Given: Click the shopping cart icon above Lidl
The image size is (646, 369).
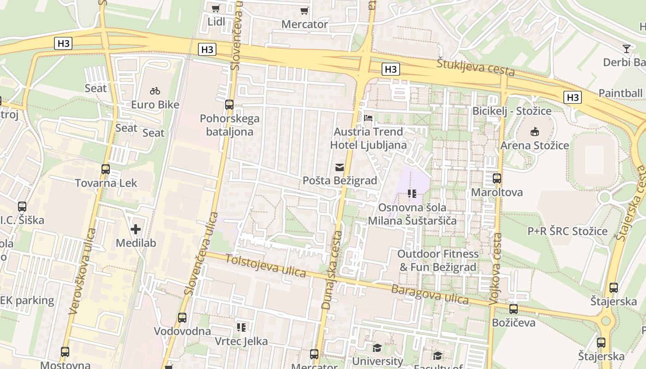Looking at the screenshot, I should pos(215,8).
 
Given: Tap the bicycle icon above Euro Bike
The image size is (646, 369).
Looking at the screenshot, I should pos(155,91).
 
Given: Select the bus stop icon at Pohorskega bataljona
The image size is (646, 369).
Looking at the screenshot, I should pos(229,105).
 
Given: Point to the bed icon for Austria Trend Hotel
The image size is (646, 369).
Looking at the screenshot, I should pos(368,118).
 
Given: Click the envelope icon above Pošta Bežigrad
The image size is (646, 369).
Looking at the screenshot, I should pos(340,167).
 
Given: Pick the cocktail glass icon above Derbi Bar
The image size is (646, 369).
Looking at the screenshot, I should pos(627,48).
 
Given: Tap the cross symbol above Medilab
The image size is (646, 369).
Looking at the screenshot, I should pos(136,229).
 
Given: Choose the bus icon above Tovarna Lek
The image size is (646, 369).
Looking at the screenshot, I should pos(106,169).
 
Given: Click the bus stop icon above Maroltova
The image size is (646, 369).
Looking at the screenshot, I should pos(497,179).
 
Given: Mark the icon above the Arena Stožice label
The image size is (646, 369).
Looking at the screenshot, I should pos(535,132).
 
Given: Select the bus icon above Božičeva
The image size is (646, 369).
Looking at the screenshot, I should pos(514,309).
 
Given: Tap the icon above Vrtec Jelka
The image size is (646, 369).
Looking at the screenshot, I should pos(241,327).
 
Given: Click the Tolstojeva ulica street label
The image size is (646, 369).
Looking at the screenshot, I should pos(266,266).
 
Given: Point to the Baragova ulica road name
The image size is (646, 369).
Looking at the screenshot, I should pos(430,294).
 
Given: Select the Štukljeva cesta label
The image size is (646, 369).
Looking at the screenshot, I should pos(475,68).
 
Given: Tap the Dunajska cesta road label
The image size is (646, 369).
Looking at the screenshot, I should pos(333,270).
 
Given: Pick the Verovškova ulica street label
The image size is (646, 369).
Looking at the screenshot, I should pos(82,271).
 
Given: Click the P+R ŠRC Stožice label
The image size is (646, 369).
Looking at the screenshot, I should pos(568,231).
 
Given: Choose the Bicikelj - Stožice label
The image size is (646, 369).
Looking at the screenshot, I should pos(512,111).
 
